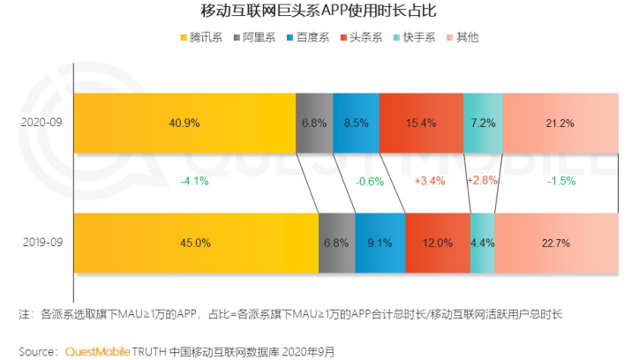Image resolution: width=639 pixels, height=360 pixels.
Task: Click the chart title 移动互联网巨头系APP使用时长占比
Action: point(319,11)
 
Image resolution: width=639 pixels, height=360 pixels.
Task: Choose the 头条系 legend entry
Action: point(364,37)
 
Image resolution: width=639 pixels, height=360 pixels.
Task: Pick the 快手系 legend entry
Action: point(416,37)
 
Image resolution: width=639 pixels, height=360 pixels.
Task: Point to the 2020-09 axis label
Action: point(40,123)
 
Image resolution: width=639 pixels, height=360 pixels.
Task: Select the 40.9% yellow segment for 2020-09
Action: point(184,123)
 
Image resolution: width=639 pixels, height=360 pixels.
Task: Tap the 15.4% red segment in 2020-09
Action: point(420,123)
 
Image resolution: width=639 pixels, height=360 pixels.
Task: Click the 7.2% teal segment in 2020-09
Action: point(482,123)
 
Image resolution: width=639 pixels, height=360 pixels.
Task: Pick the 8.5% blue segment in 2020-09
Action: point(357,123)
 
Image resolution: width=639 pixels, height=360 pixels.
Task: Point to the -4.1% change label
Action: point(195,182)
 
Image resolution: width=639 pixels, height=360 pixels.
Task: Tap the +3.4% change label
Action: point(430,182)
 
